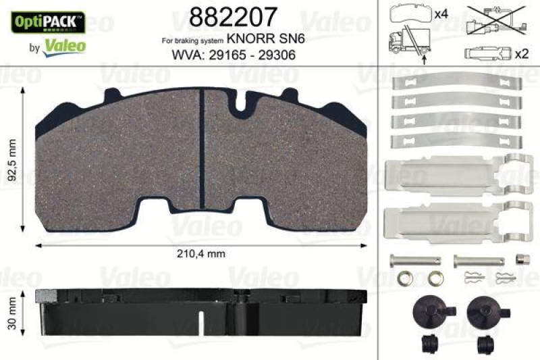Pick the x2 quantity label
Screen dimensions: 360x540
pos(520,53)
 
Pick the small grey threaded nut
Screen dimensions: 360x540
pos(521,258)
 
